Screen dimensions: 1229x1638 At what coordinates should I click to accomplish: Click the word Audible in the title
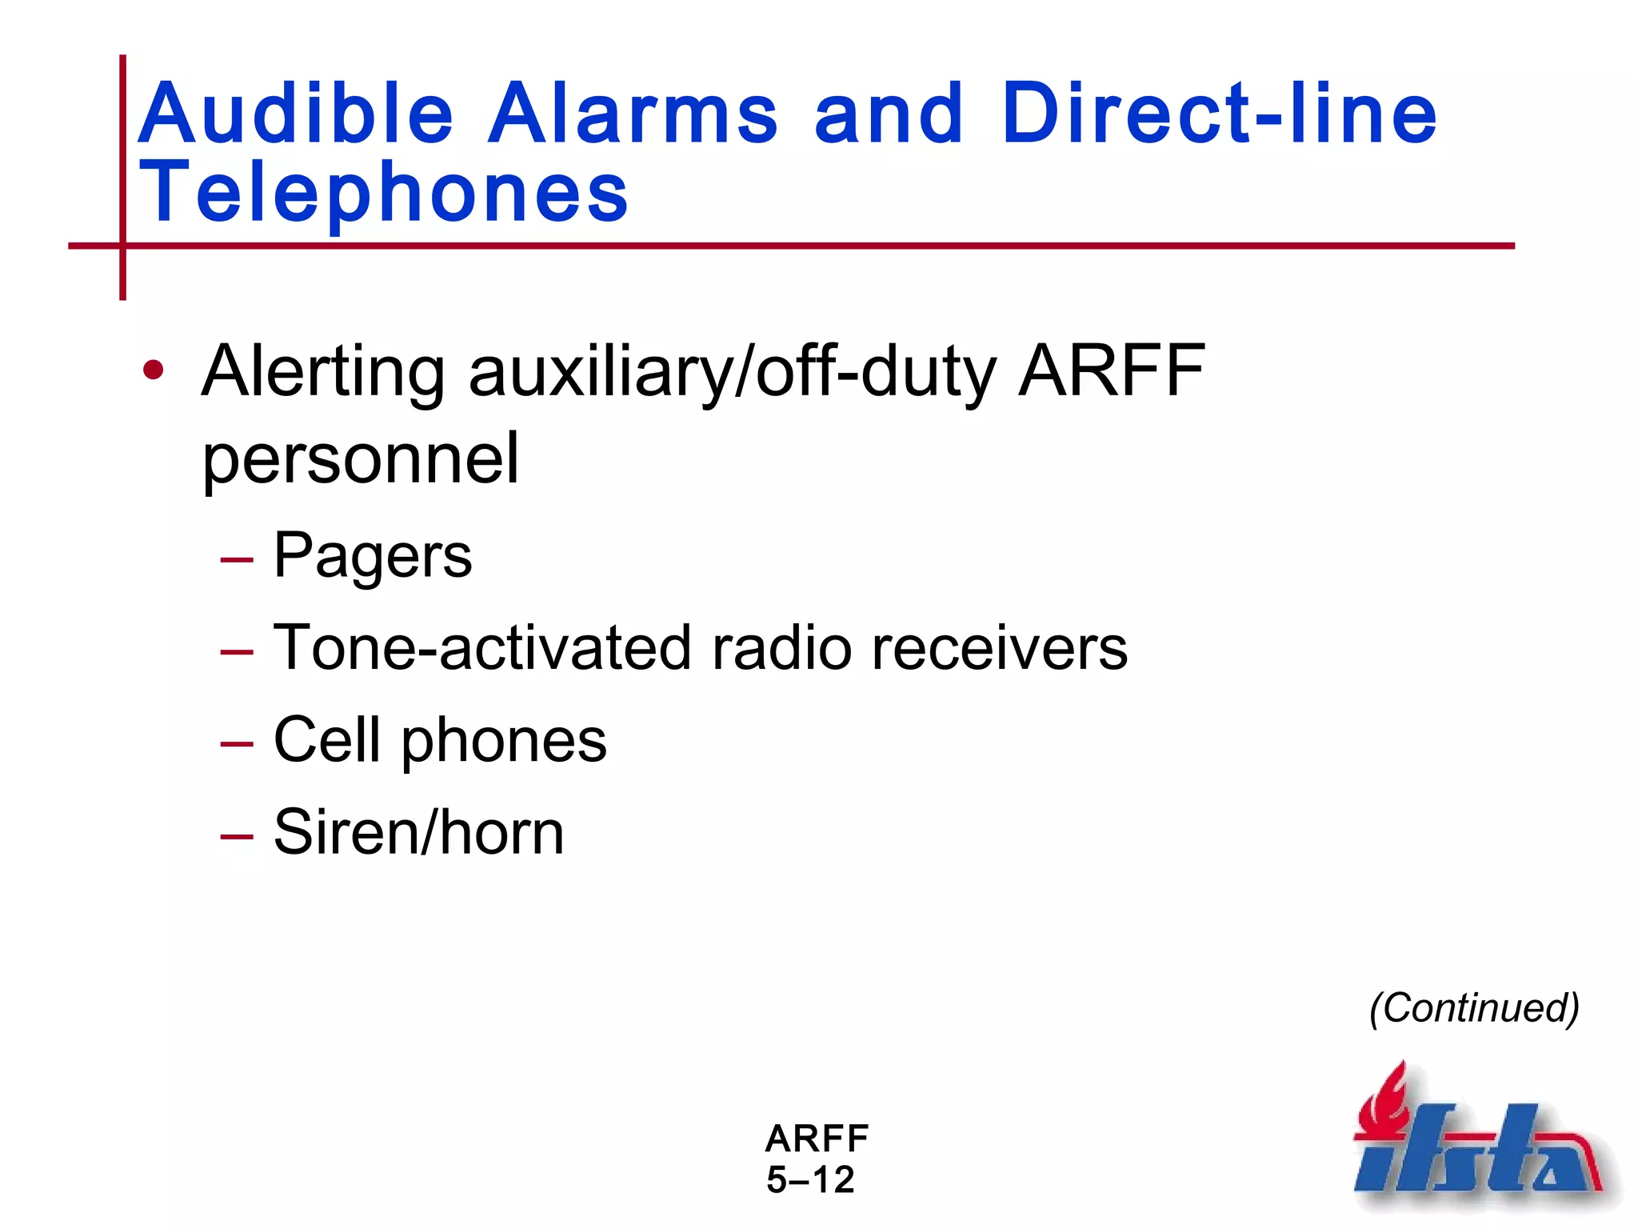[296, 114]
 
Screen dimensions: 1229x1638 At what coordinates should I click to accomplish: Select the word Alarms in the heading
[632, 114]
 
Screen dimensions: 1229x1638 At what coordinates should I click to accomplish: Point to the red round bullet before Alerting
[153, 370]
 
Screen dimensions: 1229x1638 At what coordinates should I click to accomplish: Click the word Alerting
[323, 373]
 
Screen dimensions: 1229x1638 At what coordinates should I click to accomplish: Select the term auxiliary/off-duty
[732, 373]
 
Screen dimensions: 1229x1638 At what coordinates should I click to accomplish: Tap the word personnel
[361, 460]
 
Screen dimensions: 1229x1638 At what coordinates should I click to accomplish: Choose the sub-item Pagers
[373, 557]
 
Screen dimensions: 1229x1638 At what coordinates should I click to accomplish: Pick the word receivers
[999, 648]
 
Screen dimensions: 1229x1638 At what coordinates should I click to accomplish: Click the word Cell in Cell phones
[326, 740]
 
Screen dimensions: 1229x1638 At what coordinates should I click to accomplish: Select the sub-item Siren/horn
[418, 833]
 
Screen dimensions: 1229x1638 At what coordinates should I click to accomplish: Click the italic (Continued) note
[1474, 1008]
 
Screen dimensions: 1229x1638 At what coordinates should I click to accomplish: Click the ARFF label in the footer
[817, 1139]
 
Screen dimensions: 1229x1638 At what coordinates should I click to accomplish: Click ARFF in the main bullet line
[1111, 371]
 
